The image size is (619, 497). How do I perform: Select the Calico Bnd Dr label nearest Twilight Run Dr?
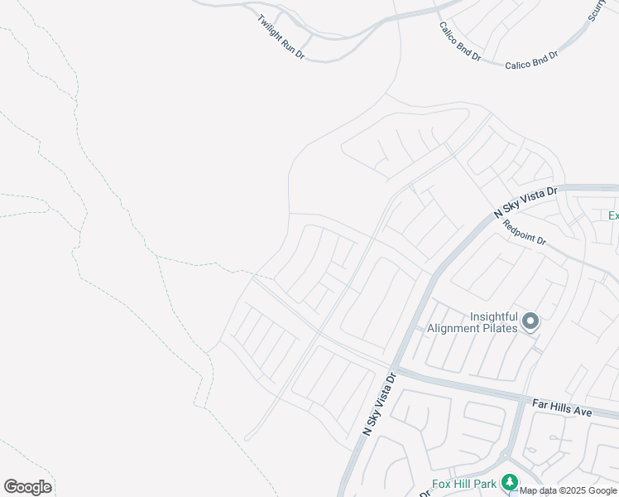click(x=460, y=41)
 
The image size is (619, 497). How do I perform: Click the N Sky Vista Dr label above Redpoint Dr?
click(x=526, y=201)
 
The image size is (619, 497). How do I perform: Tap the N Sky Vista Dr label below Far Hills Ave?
click(x=380, y=404)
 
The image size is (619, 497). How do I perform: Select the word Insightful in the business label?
click(x=494, y=316)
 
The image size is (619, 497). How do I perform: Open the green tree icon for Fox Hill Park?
click(x=510, y=483)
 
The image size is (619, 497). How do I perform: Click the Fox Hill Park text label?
click(x=464, y=484)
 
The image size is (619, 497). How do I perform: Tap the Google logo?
click(x=27, y=487)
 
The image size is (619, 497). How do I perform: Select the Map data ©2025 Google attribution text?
click(x=569, y=490)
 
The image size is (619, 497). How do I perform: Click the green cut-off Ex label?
click(x=613, y=216)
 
